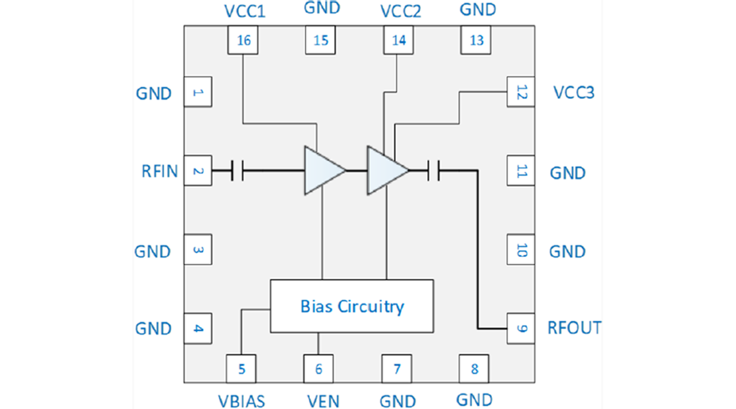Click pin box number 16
point(243,40)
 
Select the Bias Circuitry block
point(352,306)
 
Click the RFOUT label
point(574,328)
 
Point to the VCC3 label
point(574,92)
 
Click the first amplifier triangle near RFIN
point(322,170)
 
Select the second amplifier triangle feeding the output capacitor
point(386,170)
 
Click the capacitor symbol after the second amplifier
point(433,170)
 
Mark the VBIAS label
point(242,400)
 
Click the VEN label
point(320,400)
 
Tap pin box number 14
point(399,40)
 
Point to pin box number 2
point(198,171)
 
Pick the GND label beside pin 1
point(153,93)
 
